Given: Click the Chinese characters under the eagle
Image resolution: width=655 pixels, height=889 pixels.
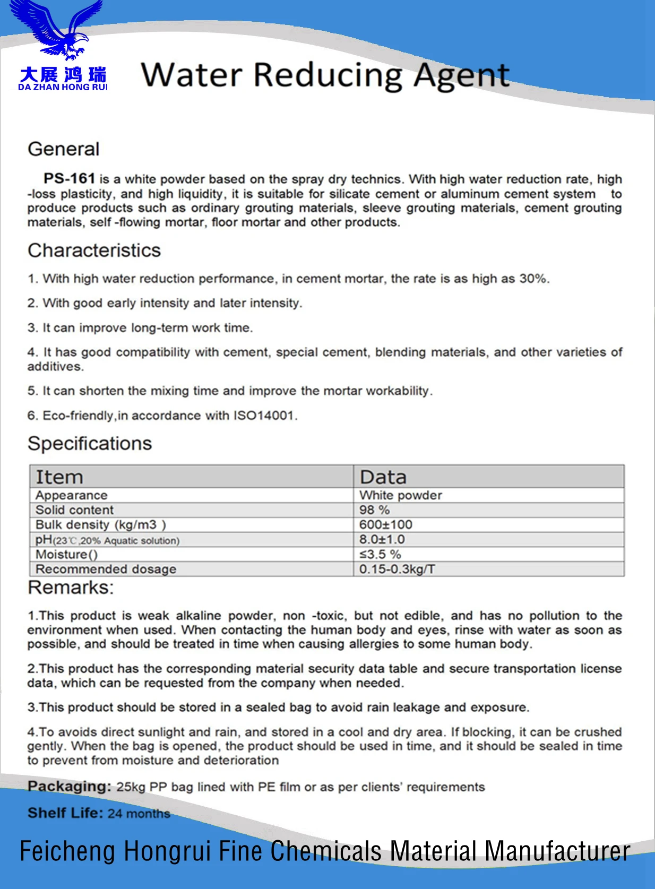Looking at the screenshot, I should tap(63, 74).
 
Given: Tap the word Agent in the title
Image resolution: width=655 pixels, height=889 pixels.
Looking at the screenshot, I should tap(461, 75).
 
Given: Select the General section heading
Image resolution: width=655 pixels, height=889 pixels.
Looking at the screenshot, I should tap(64, 149).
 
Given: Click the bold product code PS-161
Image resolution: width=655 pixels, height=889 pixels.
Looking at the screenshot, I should tap(69, 178).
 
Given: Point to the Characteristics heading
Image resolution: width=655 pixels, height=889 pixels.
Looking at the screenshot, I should tap(94, 251).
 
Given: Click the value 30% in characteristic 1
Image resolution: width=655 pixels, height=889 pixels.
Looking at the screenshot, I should tap(533, 279).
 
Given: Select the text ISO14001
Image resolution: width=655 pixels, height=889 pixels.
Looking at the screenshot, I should tap(264, 416).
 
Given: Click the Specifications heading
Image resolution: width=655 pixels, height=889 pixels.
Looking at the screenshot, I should tap(90, 444).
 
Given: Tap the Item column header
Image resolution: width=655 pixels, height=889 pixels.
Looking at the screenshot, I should tap(59, 477).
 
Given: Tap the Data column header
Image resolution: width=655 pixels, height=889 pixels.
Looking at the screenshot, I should tap(383, 477).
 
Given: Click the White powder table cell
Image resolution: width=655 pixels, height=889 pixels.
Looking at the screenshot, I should tap(401, 495).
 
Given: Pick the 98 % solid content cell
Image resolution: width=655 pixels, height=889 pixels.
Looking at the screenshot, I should tap(374, 510).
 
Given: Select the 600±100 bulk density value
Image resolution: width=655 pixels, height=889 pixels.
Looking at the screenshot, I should tap(385, 525).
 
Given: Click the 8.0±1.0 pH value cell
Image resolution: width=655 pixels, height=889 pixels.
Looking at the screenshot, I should tap(382, 540).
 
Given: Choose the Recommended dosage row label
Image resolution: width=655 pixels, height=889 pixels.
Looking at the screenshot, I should tap(106, 569).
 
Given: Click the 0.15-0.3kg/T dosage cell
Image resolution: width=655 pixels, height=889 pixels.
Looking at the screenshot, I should tap(397, 569).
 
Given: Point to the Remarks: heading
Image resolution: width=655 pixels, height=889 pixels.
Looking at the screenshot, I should tap(71, 588).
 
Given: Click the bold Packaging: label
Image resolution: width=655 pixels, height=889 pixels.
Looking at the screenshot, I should tap(69, 787).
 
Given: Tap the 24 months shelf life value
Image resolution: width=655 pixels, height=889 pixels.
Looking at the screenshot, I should tap(139, 814).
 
